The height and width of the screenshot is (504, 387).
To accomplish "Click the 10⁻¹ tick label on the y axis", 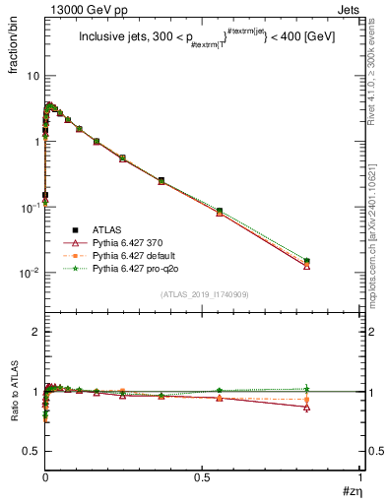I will point(30,207).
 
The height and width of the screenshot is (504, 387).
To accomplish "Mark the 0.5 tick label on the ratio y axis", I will point(32,451).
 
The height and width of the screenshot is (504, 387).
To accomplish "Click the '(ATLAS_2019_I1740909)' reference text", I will point(203,294).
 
